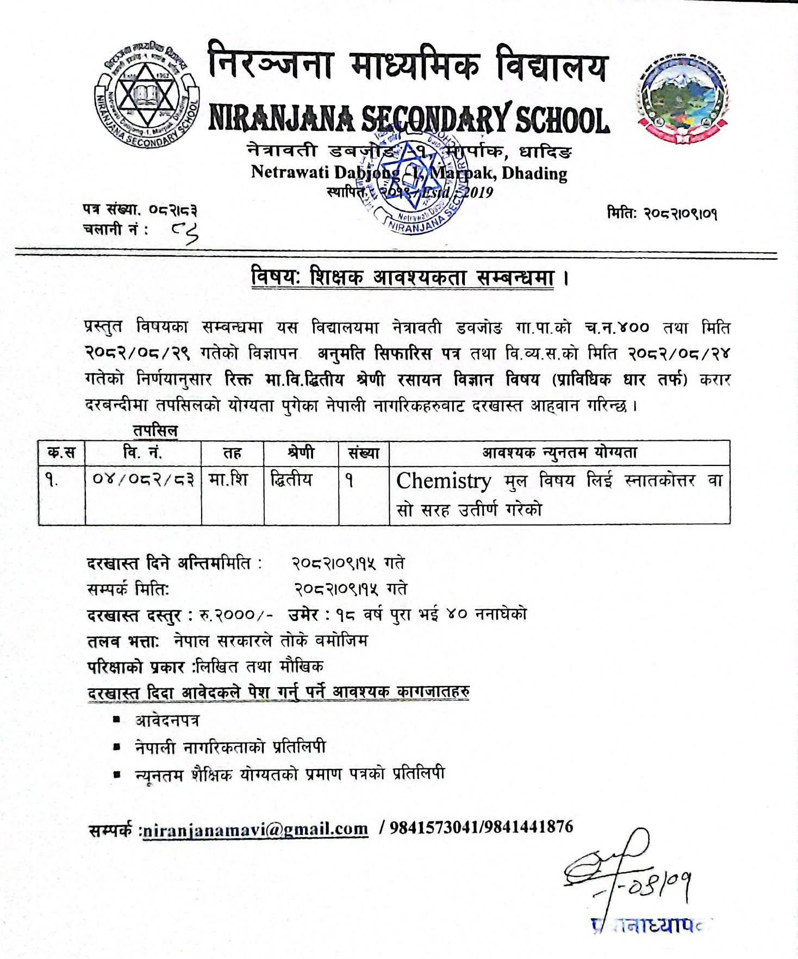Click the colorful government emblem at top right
pyautogui.click(x=682, y=101)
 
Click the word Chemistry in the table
pyautogui.click(x=443, y=481)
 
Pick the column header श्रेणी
pyautogui.click(x=301, y=452)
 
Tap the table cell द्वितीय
pyautogui.click(x=292, y=480)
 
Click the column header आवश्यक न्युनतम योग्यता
pyautogui.click(x=560, y=452)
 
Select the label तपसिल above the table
pyautogui.click(x=155, y=431)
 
